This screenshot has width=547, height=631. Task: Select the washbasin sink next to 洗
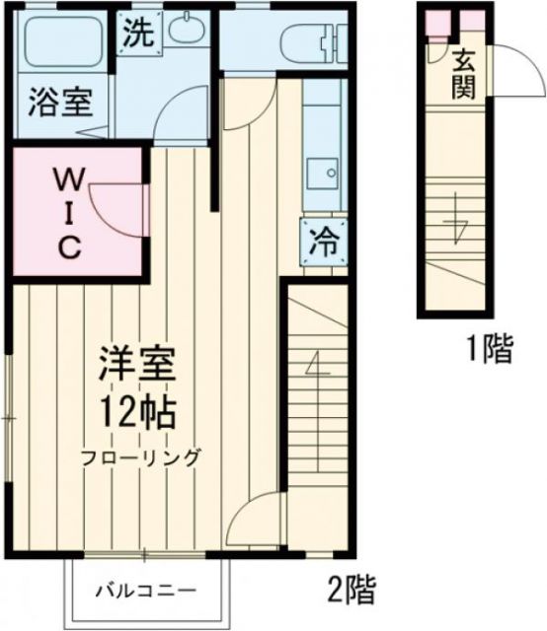[x=185, y=31]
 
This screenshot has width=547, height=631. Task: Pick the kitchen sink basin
[x=323, y=175]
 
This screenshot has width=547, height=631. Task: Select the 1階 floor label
[x=490, y=349]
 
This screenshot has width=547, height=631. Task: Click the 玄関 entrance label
[x=463, y=74]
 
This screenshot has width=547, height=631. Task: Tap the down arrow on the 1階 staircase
[x=456, y=222]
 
